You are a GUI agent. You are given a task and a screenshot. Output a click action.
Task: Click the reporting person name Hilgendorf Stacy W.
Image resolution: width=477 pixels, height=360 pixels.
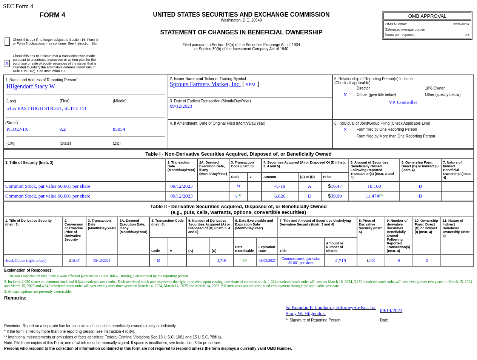pos(31,87)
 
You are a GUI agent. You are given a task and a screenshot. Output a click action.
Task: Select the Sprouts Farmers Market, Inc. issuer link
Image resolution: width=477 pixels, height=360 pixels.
pos(205,84)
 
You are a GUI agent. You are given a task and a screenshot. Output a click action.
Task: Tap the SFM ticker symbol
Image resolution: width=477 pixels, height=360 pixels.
pos(251,85)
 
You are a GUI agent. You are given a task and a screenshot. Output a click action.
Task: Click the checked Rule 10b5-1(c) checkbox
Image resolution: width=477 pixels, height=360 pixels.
pos(7,63)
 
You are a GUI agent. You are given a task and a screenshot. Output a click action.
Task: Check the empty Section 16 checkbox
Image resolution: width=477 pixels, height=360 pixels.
pos(7,42)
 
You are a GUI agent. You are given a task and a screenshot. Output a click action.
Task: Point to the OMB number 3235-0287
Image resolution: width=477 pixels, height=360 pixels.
pos(461,24)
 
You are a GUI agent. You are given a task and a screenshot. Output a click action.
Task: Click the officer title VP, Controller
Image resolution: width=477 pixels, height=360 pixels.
pos(403,102)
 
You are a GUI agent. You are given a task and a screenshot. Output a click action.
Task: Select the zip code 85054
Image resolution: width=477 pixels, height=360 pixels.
pos(119,129)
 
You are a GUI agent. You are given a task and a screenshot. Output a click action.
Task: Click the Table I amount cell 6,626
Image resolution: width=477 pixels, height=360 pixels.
pos(280,196)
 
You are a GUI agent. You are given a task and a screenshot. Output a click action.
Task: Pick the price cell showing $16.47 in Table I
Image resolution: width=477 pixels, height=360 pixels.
pos(335,186)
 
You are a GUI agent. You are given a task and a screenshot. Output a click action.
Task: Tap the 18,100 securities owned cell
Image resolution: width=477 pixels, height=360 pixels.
pos(374,186)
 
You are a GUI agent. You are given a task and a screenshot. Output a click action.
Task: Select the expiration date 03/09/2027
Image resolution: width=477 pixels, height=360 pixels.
pos(267,261)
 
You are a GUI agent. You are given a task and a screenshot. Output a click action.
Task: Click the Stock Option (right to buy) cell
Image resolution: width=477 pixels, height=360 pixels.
pos(26,261)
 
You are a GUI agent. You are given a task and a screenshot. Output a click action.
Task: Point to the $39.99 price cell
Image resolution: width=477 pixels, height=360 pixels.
pos(335,196)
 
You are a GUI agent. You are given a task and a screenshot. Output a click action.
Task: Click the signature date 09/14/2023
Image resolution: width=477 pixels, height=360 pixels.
pos(391,311)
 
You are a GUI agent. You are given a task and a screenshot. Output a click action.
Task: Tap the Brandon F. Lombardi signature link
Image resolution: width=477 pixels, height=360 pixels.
pos(331,310)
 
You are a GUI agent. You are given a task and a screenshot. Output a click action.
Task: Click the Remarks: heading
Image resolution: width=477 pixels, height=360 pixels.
pos(15,298)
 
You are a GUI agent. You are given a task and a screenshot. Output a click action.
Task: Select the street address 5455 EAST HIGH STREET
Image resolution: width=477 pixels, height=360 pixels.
pos(46,108)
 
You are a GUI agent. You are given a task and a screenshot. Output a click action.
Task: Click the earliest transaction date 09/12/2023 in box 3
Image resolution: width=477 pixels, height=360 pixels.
pos(181,106)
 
